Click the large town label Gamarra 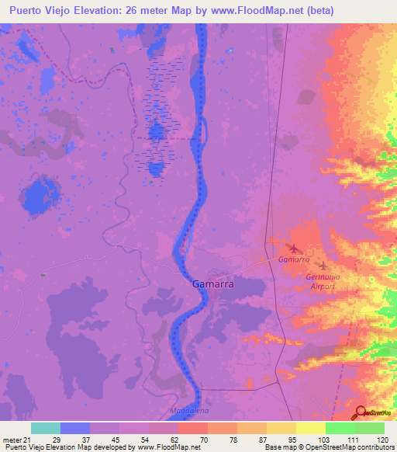coord(212,284)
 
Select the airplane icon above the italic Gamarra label coord(293,249)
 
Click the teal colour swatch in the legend coord(46,428)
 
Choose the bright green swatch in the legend coord(340,428)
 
